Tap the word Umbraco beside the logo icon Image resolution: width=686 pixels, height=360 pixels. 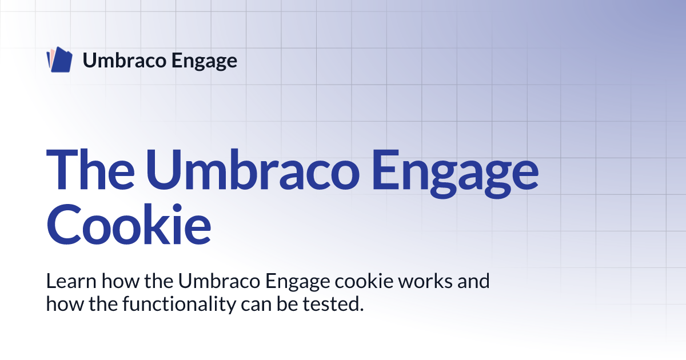pos(125,60)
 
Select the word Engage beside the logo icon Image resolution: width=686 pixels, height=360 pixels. pos(204,61)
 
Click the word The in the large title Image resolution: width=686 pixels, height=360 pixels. pos(90,169)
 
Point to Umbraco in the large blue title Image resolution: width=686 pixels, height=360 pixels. pos(252,169)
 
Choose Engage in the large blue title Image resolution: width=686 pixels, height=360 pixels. pos(455,173)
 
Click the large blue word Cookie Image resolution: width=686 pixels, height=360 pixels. pos(129,224)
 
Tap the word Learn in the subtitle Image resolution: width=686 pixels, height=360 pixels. pos(71,281)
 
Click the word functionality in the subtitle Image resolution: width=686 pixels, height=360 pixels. pos(179,304)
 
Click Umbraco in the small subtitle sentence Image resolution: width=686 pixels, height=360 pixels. pos(219,281)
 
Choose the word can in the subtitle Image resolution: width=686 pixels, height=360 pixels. pos(256,305)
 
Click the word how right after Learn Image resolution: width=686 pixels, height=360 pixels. pos(121,281)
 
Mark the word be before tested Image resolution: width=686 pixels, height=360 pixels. pos(287,304)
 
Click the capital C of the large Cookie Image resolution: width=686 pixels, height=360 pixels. pos(63,225)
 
